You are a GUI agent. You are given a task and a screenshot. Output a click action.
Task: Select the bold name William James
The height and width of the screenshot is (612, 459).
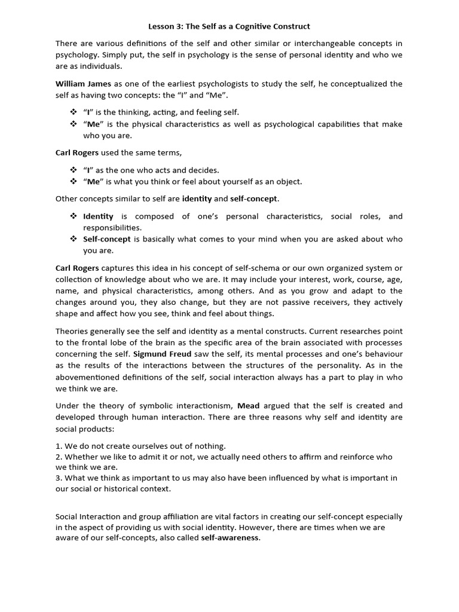click(83, 84)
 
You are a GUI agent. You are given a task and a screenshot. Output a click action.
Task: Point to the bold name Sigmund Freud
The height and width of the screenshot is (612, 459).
click(160, 354)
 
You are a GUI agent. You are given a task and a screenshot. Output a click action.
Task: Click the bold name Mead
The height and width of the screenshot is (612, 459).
click(248, 405)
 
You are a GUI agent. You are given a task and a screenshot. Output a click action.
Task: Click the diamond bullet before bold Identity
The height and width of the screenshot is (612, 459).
click(74, 216)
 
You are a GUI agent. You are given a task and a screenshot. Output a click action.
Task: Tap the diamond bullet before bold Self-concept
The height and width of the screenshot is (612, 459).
click(74, 239)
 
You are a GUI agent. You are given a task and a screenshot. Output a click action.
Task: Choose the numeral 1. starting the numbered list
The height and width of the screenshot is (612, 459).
click(59, 446)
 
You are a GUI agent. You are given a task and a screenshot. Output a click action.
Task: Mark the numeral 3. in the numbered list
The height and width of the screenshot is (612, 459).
click(59, 478)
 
